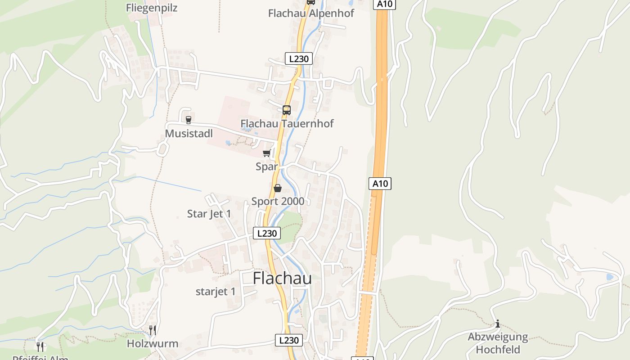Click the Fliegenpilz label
click(152, 8)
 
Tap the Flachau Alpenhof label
click(311, 13)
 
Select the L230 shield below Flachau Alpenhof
click(298, 58)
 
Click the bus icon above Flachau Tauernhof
click(287, 110)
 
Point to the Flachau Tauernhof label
click(287, 123)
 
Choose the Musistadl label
click(189, 134)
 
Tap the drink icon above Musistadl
click(189, 120)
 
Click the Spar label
click(267, 166)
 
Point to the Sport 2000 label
click(278, 201)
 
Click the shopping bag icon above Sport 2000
click(278, 188)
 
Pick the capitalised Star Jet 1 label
click(209, 214)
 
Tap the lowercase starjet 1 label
click(216, 292)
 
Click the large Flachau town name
click(282, 279)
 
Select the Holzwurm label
click(153, 344)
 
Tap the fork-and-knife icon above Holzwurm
click(153, 330)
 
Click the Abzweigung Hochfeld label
click(498, 343)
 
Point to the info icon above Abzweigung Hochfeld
click(498, 324)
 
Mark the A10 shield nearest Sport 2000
click(380, 184)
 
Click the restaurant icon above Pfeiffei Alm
click(40, 346)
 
